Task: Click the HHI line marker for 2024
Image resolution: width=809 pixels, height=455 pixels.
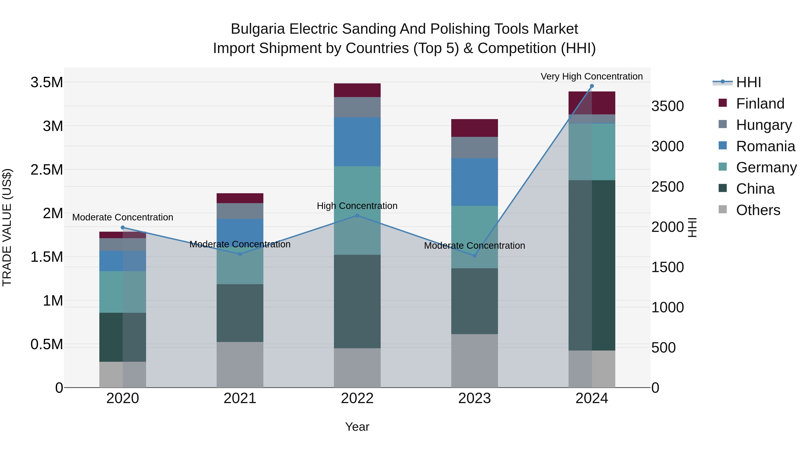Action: pyautogui.click(x=592, y=86)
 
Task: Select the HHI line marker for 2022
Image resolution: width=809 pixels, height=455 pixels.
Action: pyautogui.click(x=357, y=215)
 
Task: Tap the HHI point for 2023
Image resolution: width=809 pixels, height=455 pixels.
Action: pyautogui.click(x=475, y=256)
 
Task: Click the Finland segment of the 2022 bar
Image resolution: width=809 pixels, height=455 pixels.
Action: pyautogui.click(x=357, y=90)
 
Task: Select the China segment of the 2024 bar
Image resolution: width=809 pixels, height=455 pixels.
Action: pyautogui.click(x=592, y=265)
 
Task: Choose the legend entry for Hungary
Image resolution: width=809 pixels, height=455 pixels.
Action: pyautogui.click(x=764, y=125)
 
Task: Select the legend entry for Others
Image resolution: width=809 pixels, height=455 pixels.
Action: pyautogui.click(x=758, y=210)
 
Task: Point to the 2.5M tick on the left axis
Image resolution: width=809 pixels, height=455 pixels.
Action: pyautogui.click(x=47, y=170)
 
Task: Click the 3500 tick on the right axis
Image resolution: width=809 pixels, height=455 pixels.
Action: pyautogui.click(x=667, y=106)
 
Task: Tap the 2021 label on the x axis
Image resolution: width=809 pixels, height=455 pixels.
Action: pyautogui.click(x=240, y=398)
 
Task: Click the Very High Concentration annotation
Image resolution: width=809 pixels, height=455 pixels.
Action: pyautogui.click(x=592, y=76)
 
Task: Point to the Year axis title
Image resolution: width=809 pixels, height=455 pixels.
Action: pyautogui.click(x=357, y=427)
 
